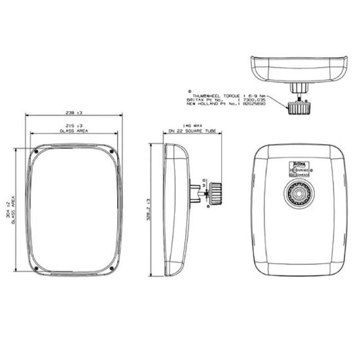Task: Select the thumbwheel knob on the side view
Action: click(214, 194)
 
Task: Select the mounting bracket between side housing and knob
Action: click(196, 193)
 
